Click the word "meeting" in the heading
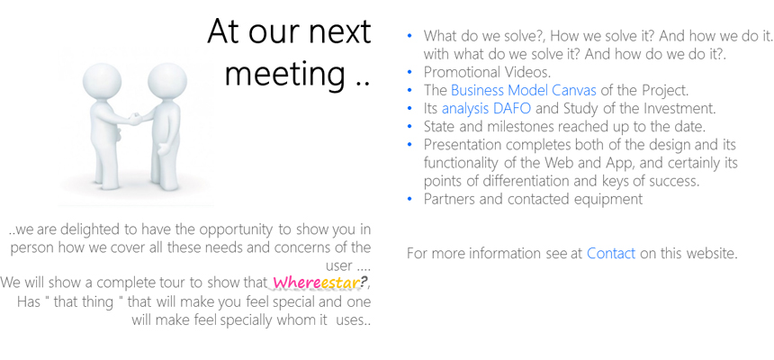[x=285, y=75]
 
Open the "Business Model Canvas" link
[x=523, y=90]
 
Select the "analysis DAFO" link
[x=486, y=108]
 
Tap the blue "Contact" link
[x=610, y=253]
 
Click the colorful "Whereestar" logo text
[x=316, y=283]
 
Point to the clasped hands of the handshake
[x=133, y=119]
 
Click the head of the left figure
[x=102, y=83]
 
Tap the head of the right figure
[x=167, y=82]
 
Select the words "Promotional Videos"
[x=487, y=72]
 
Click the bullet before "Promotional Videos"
[x=409, y=72]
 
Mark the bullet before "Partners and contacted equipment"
[x=409, y=199]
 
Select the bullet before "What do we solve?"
[x=409, y=36]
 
